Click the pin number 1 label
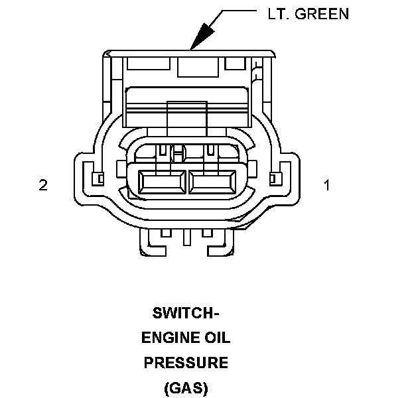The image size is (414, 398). pyautogui.click(x=326, y=185)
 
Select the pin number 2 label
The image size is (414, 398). pyautogui.click(x=43, y=185)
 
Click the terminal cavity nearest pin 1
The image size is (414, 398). pyautogui.click(x=212, y=181)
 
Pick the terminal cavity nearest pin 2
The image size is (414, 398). pyautogui.click(x=163, y=181)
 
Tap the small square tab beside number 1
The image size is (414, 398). pyautogui.click(x=273, y=178)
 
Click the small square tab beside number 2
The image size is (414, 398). pyautogui.click(x=98, y=178)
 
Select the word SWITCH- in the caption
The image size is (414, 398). pyautogui.click(x=186, y=312)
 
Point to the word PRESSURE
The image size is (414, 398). pyautogui.click(x=186, y=363)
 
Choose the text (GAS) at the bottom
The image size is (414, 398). pyautogui.click(x=186, y=388)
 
